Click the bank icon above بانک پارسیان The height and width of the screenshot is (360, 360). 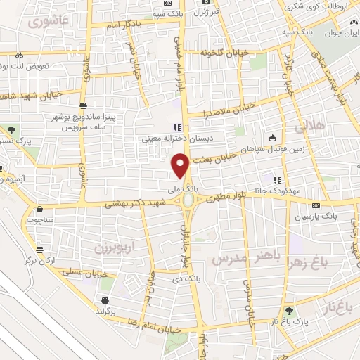tap(316, 206)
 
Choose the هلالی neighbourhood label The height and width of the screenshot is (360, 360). tap(307, 127)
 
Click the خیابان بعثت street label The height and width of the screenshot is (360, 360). tap(212, 160)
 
